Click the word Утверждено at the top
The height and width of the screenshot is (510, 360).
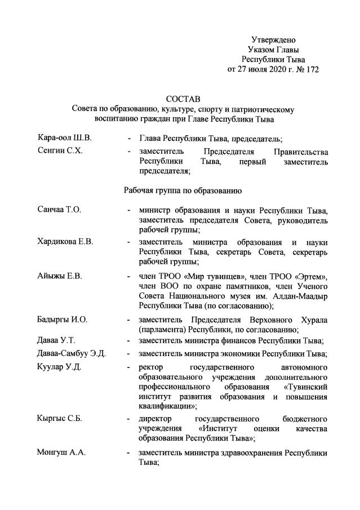pos(273,39)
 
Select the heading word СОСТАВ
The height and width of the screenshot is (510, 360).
pos(183,99)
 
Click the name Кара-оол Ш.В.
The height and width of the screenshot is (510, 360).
pos(57,138)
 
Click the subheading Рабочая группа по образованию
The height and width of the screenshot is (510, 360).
pos(183,190)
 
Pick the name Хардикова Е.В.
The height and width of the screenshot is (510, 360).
pos(65,242)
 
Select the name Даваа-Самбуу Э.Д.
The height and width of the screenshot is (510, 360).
pos(71,353)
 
